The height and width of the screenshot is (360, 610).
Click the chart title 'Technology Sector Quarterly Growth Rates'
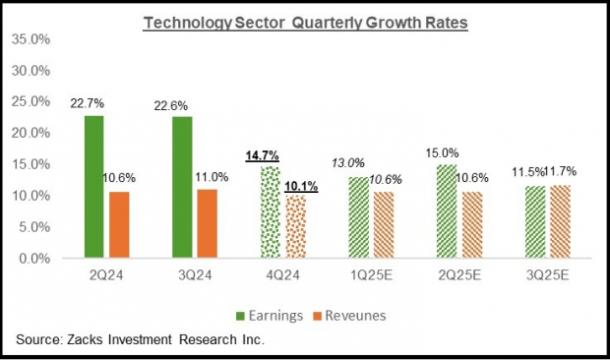[305, 21]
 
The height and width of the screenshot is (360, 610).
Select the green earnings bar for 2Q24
[93, 187]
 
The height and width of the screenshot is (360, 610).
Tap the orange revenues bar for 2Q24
[119, 225]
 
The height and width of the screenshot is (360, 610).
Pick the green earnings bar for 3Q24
[183, 187]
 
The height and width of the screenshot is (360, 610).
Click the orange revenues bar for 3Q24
[209, 223]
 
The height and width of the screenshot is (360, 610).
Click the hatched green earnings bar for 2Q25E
[448, 210]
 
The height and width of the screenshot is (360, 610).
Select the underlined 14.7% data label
[261, 155]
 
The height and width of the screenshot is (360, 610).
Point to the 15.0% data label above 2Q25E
[448, 152]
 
